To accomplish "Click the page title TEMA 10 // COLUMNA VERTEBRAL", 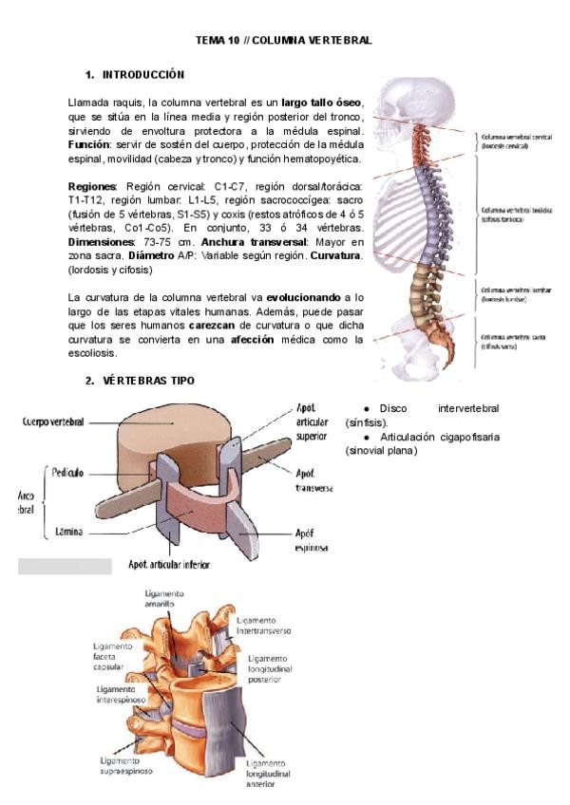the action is (283, 41).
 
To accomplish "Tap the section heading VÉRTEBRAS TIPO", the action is (148, 381).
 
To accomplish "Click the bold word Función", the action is (89, 144).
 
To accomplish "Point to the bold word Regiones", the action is (92, 186).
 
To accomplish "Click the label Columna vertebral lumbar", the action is (511, 294).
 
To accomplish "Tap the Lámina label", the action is (66, 533).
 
